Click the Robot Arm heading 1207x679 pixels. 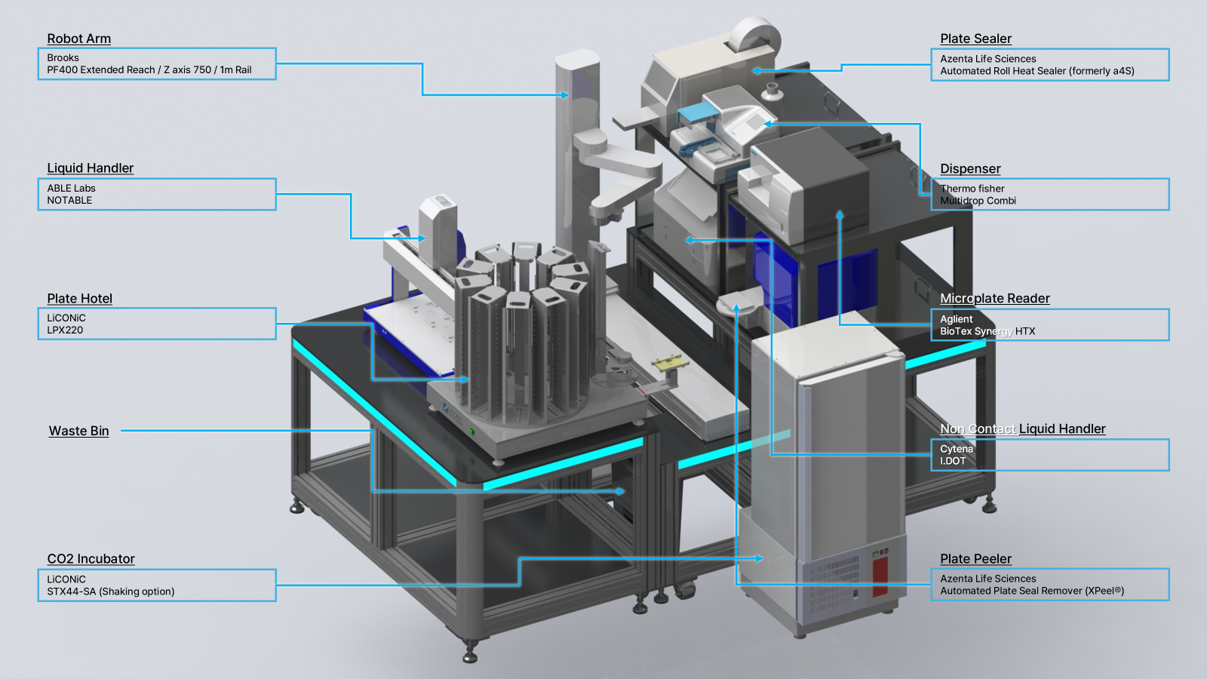(x=78, y=38)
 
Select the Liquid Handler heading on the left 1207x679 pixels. (x=90, y=168)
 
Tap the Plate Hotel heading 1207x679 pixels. (x=79, y=299)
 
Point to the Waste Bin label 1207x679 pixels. (x=78, y=431)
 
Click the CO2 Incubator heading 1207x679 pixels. (x=91, y=559)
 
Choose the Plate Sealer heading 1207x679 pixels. (x=975, y=38)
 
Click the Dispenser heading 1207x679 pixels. (x=970, y=169)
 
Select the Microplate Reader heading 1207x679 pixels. (x=995, y=298)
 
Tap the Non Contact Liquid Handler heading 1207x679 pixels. (x=1022, y=429)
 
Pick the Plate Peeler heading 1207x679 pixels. (x=975, y=559)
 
